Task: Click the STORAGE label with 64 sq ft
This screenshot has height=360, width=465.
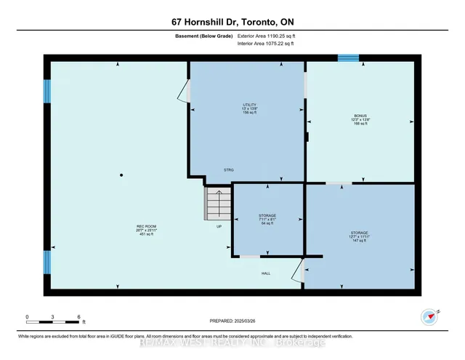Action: click(267, 220)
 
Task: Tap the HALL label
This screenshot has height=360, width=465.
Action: click(267, 273)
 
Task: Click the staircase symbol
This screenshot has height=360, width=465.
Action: click(217, 204)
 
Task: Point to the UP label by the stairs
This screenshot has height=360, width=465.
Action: click(218, 226)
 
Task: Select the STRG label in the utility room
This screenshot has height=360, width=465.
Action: click(228, 170)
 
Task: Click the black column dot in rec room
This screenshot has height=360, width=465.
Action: click(122, 175)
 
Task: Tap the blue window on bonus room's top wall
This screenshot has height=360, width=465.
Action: click(348, 58)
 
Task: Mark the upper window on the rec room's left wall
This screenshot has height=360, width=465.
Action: click(48, 91)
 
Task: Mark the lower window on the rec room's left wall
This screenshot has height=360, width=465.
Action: click(48, 262)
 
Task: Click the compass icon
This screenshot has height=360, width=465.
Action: click(429, 316)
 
